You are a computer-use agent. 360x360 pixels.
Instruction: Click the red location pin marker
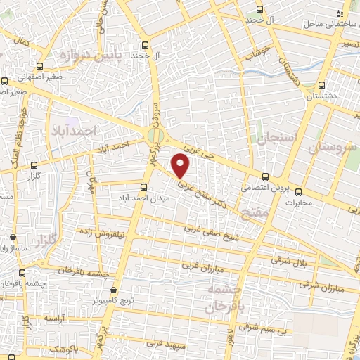pyautogui.click(x=181, y=166)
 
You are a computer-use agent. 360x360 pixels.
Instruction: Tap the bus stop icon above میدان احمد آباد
pyautogui.click(x=144, y=187)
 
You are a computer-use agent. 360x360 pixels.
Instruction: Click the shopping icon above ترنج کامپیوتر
pyautogui.click(x=114, y=289)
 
